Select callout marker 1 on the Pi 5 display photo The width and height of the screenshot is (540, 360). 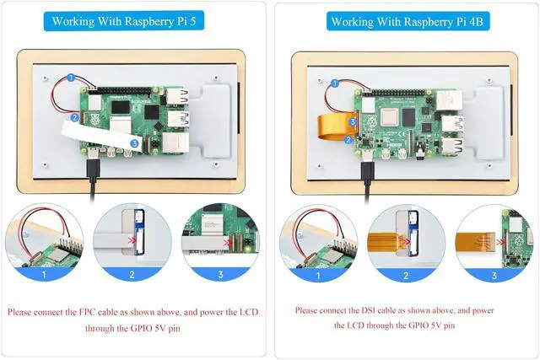[x=71, y=78]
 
